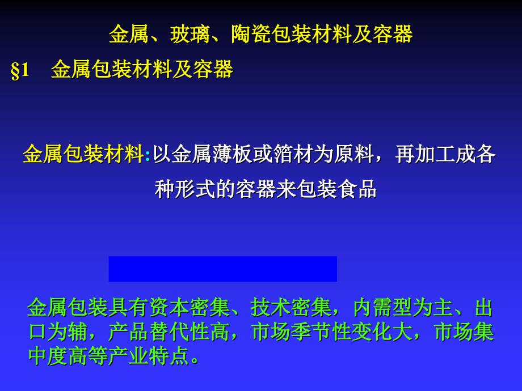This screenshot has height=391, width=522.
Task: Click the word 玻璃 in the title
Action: (190, 34)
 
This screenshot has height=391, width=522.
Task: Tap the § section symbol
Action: (15, 70)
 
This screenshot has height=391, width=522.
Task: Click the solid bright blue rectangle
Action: (223, 269)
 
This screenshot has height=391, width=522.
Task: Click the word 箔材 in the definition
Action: (293, 154)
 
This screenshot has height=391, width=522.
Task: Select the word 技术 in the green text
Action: (271, 308)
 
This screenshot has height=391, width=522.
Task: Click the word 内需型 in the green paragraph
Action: (382, 308)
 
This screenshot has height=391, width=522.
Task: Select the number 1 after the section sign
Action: (24, 70)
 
